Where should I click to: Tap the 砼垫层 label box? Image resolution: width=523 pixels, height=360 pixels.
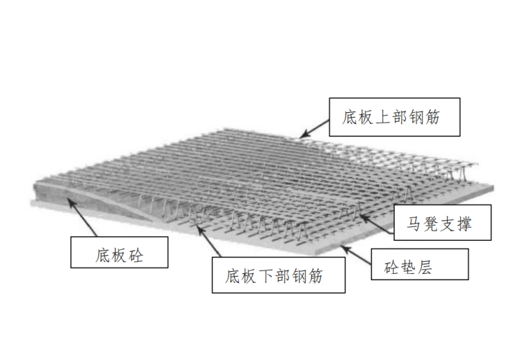[419, 264]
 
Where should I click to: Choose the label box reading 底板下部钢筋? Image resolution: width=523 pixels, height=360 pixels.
[278, 276]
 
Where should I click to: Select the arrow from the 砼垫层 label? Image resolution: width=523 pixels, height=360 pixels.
[354, 253]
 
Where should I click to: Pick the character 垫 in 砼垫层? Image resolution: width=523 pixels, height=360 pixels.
[419, 265]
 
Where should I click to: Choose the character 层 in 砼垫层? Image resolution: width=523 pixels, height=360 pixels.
[438, 265]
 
